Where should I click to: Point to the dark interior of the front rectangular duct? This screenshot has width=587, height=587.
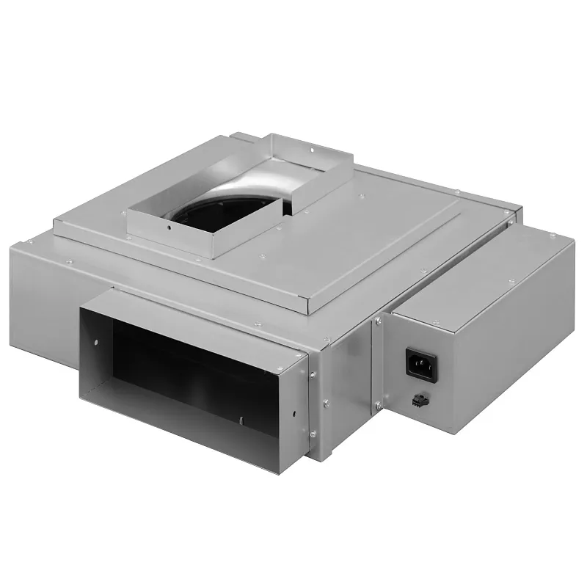point(183,367)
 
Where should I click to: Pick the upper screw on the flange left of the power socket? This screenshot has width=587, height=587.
point(379,320)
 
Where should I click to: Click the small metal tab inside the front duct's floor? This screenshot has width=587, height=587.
point(239,420)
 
